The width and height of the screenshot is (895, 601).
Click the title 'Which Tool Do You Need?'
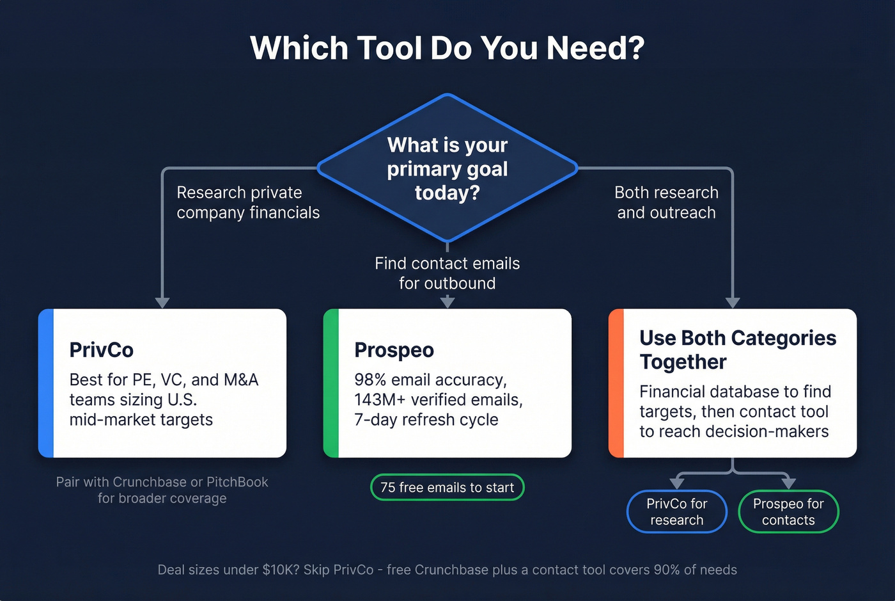[447, 48]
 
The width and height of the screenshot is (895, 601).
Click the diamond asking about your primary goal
[447, 168]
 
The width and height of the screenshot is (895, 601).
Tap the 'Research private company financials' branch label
[247, 202]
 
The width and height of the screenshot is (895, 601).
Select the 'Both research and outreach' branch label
[666, 202]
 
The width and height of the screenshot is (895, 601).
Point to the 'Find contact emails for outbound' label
[447, 273]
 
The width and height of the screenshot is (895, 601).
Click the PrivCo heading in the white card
[101, 350]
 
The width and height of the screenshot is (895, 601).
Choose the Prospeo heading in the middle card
[394, 350]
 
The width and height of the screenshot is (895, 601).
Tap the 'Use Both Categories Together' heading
[737, 349]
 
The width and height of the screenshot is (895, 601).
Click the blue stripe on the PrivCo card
[45, 383]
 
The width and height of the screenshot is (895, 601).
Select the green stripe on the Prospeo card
[331, 383]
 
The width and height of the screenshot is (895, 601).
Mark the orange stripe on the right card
[616, 383]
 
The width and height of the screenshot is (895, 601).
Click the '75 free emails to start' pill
[447, 487]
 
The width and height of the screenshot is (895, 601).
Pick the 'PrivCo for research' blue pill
[676, 511]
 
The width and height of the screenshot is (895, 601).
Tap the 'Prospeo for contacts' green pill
[788, 511]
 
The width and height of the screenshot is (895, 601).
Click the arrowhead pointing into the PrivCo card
[162, 302]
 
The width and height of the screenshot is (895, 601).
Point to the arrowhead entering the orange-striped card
[733, 302]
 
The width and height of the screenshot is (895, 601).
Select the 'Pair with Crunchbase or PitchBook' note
[162, 490]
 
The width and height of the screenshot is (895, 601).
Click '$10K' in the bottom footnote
[280, 570]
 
